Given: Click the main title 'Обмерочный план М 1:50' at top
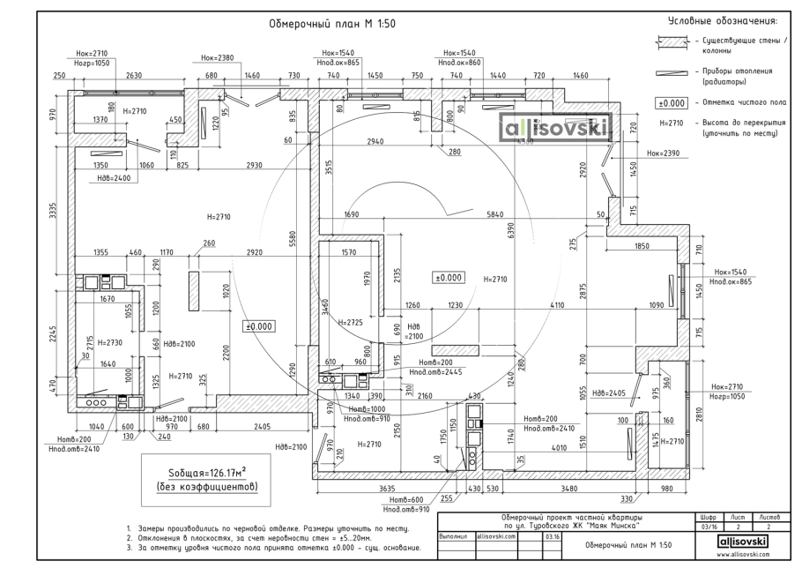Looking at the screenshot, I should coord(332,24).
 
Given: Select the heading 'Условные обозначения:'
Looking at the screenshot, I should coord(723,20).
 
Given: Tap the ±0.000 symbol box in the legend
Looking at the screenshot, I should coord(672,102).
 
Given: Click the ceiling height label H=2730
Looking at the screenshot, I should coord(109,342).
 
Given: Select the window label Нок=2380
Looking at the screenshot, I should coord(216,57).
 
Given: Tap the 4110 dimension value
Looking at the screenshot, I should coord(556,305).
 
